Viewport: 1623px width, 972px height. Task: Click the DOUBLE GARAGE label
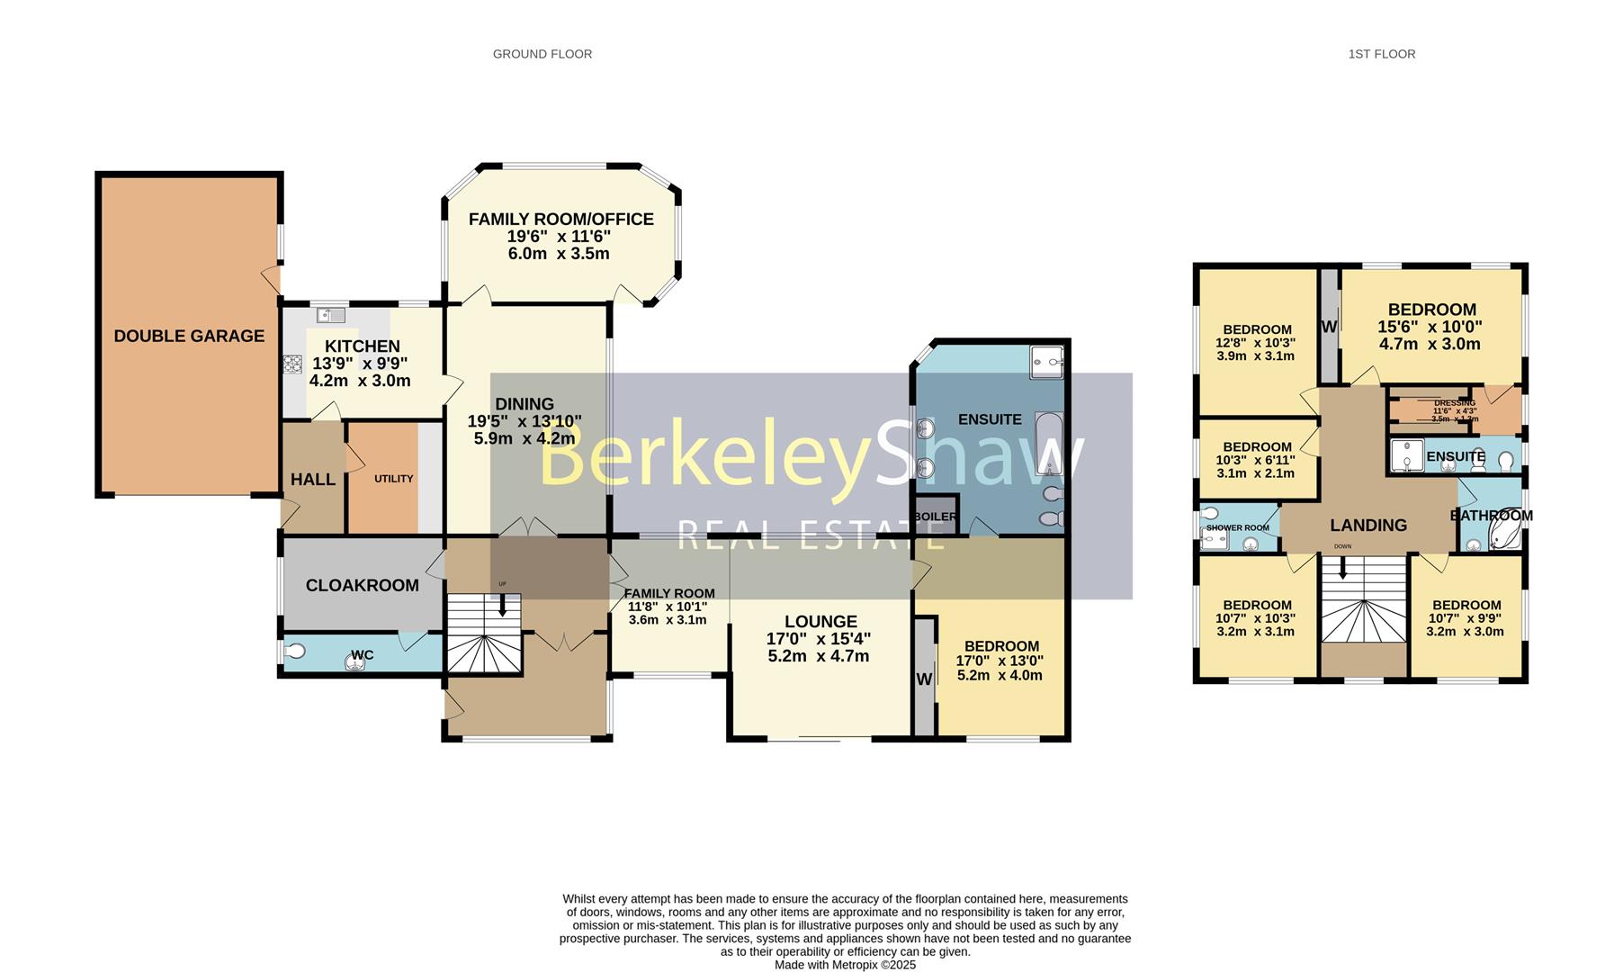click(x=189, y=336)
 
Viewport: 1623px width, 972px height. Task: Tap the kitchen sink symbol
click(x=331, y=315)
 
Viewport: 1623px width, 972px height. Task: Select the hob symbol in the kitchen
click(x=292, y=364)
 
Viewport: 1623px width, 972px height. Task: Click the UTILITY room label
click(x=393, y=479)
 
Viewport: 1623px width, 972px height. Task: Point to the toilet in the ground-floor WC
click(x=294, y=651)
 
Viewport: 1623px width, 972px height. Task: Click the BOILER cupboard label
click(x=935, y=517)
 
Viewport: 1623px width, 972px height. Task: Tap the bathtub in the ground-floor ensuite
click(x=1049, y=444)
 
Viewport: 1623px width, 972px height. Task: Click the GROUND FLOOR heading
click(x=542, y=54)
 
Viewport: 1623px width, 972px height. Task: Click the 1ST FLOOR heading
click(x=1381, y=54)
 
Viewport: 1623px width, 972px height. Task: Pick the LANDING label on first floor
click(x=1367, y=525)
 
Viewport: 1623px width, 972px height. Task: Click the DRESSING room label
click(x=1454, y=403)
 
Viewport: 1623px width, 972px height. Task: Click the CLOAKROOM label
click(x=362, y=585)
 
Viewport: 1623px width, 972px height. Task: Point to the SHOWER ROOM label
click(x=1237, y=528)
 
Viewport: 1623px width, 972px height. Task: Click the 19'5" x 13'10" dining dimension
click(x=525, y=421)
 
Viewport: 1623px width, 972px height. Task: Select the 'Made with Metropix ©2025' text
click(x=845, y=965)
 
